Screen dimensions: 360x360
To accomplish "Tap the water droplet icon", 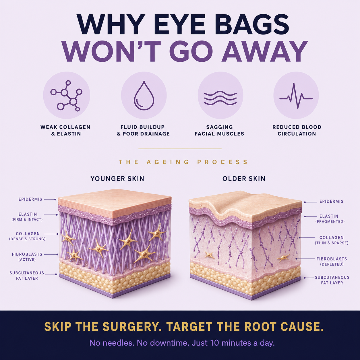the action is [x=144, y=95].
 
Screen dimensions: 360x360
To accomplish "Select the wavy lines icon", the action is [x=220, y=98].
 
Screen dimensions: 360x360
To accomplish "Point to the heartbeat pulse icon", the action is [x=296, y=96].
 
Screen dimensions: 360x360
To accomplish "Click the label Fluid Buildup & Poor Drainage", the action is [x=143, y=130].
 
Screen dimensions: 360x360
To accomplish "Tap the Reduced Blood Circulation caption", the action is [x=297, y=130].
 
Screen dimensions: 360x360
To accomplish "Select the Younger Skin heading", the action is [x=117, y=179].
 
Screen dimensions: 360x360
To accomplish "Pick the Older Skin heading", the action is [x=244, y=179].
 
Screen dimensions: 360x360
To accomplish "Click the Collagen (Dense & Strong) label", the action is [x=27, y=236].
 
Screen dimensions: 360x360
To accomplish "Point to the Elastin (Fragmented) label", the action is [x=330, y=219].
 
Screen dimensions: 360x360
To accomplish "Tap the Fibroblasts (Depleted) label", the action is [x=332, y=262].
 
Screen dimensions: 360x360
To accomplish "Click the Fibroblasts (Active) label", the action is [x=27, y=257].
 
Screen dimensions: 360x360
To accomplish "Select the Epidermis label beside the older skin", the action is [x=331, y=202].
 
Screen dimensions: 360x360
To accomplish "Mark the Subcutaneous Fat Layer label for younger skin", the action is [x=27, y=276].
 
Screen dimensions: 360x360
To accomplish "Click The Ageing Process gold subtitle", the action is [x=183, y=162].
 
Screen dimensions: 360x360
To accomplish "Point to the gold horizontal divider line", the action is [x=180, y=149].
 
